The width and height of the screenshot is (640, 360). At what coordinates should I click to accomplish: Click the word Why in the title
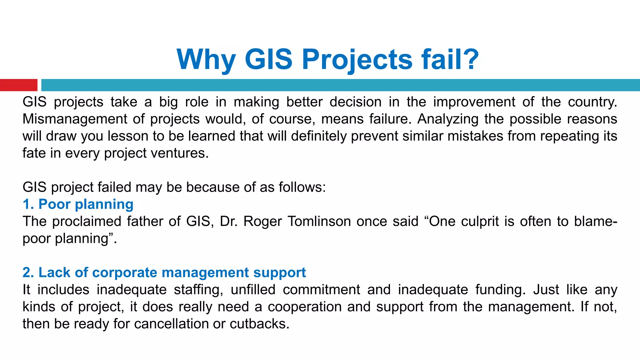coord(206,59)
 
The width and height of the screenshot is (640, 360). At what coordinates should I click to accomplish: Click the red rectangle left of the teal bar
coord(18,85)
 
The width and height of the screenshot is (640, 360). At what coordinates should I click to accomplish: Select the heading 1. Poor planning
coord(78,204)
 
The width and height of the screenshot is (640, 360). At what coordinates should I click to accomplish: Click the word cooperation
coord(305,307)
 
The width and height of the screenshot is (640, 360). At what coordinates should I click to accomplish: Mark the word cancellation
coord(171,324)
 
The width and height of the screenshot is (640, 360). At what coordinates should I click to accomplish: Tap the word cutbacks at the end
coord(259,324)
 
